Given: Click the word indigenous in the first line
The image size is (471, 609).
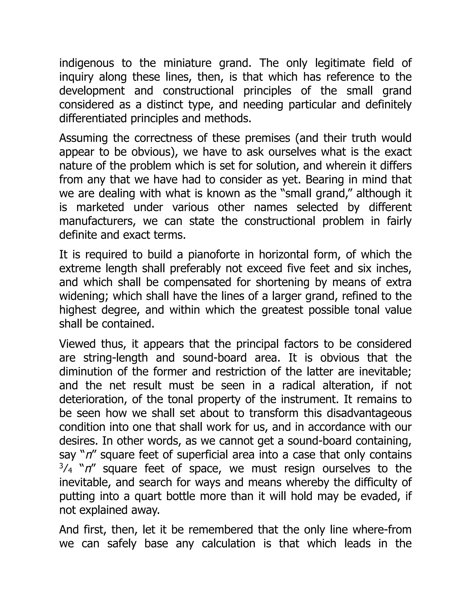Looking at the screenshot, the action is click(86, 63).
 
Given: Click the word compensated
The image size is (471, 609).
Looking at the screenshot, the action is click(197, 282).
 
